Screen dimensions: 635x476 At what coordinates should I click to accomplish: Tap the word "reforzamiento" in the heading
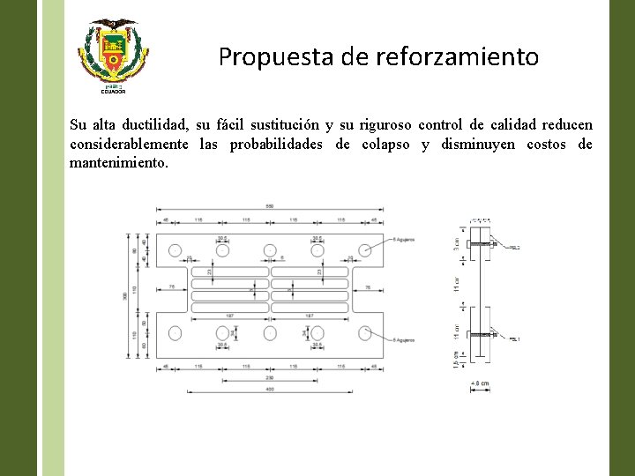[457, 57]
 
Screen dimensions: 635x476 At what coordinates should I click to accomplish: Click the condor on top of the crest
[110, 25]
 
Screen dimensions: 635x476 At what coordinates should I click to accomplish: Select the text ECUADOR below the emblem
[110, 92]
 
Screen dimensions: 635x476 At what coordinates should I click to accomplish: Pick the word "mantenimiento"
[118, 163]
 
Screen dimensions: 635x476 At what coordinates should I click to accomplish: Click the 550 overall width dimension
[270, 206]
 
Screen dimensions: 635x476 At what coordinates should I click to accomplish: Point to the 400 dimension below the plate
[270, 390]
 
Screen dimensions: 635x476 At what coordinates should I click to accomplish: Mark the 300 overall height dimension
[125, 295]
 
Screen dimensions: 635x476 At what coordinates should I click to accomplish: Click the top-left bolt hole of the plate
[175, 250]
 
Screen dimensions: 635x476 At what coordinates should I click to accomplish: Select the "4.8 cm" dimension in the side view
[480, 383]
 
